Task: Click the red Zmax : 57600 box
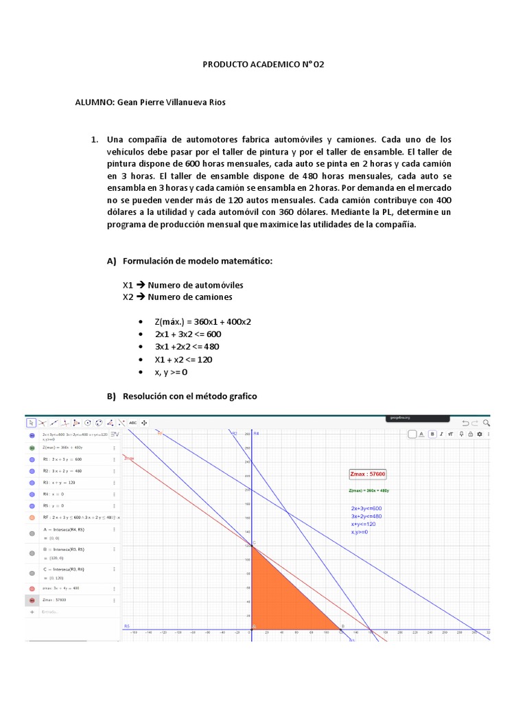[x=368, y=474]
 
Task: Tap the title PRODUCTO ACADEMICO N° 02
[x=263, y=65]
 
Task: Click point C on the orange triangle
[x=253, y=545]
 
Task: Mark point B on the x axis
[x=343, y=626]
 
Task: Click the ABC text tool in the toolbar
[x=132, y=423]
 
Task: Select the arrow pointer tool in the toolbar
[x=30, y=423]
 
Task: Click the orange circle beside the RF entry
[x=32, y=517]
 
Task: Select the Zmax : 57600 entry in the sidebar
[x=58, y=599]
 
